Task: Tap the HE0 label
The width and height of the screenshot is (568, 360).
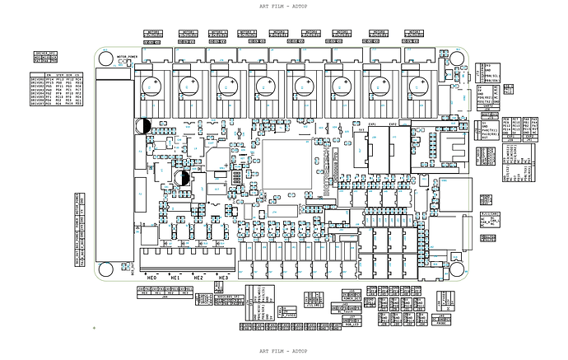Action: click(x=152, y=278)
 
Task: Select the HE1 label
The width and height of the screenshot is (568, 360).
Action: click(x=175, y=278)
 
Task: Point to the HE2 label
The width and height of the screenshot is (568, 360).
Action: click(x=198, y=278)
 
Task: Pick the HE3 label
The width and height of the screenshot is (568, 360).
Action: click(x=221, y=278)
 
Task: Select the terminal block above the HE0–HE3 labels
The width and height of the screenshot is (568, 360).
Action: click(x=184, y=260)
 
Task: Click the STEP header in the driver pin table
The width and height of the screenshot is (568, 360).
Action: click(x=61, y=75)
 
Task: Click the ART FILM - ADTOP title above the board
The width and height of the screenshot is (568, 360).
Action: click(x=283, y=6)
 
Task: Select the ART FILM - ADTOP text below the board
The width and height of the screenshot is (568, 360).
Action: click(x=283, y=350)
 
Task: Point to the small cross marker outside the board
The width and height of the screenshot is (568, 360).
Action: click(x=94, y=328)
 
